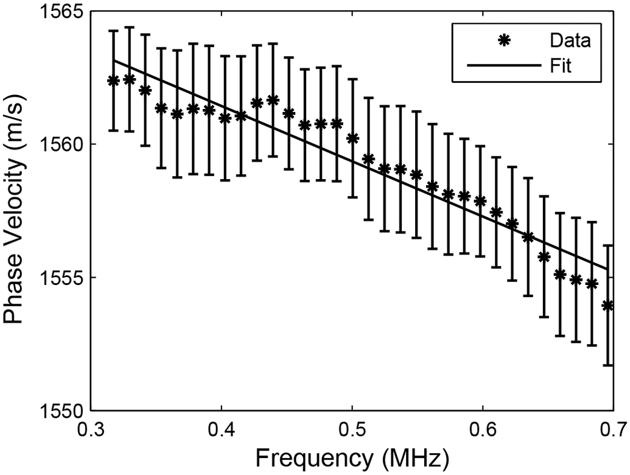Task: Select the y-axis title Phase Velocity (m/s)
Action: [16, 210]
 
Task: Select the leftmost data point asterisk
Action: [113, 80]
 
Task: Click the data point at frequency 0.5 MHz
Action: [352, 138]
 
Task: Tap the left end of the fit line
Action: [114, 60]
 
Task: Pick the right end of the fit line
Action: [607, 269]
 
